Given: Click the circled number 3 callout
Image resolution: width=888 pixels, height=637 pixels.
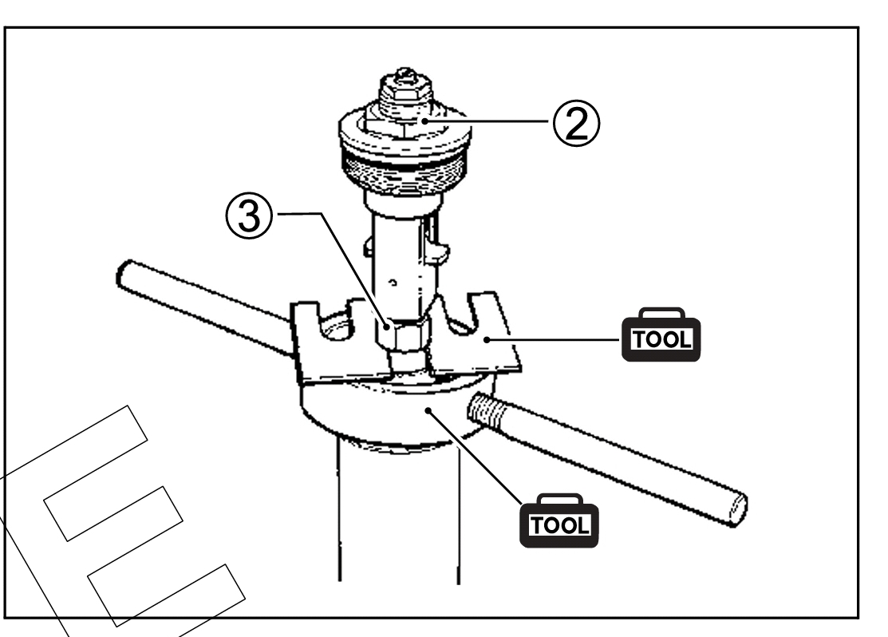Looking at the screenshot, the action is (x=249, y=216).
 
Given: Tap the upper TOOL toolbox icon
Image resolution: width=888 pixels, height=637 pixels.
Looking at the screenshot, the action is (x=661, y=335).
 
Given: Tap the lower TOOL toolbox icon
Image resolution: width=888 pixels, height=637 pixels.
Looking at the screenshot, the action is (x=559, y=520).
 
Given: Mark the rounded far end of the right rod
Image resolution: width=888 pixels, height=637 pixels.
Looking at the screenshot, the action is (x=736, y=509).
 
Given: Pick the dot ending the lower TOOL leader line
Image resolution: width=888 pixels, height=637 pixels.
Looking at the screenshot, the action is (x=428, y=409).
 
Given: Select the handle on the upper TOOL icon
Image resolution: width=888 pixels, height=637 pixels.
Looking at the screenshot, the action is (x=661, y=314).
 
